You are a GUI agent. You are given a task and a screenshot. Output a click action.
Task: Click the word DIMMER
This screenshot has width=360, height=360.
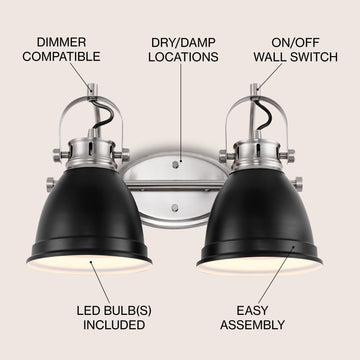[x=61, y=42]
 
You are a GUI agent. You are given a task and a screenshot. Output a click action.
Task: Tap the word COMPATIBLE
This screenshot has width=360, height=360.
[x=61, y=57]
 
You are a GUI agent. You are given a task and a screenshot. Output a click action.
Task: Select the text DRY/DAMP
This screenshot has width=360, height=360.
[x=183, y=43]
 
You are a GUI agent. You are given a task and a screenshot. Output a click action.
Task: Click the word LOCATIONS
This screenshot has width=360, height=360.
[x=183, y=57]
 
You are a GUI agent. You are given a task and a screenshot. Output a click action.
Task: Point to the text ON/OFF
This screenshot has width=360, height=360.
[x=295, y=43]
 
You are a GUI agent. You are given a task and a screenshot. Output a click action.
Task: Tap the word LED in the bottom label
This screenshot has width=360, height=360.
[x=88, y=311]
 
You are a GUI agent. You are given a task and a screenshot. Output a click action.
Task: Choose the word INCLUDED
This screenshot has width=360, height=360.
[x=114, y=325]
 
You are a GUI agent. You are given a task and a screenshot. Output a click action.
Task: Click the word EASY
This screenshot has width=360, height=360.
[x=252, y=311]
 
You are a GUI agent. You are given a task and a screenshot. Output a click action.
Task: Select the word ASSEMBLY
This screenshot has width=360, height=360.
[x=252, y=325]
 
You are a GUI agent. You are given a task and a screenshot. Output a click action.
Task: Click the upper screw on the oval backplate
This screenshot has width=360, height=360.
[x=175, y=164]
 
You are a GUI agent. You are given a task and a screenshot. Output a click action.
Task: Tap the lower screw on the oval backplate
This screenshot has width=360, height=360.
[x=175, y=208]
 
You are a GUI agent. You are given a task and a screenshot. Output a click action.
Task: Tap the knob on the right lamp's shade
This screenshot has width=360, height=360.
[x=297, y=184]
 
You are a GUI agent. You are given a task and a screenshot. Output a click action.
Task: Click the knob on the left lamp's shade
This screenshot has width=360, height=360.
[x=51, y=184]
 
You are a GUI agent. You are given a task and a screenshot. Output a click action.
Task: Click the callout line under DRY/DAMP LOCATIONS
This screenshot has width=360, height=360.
[x=181, y=113]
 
